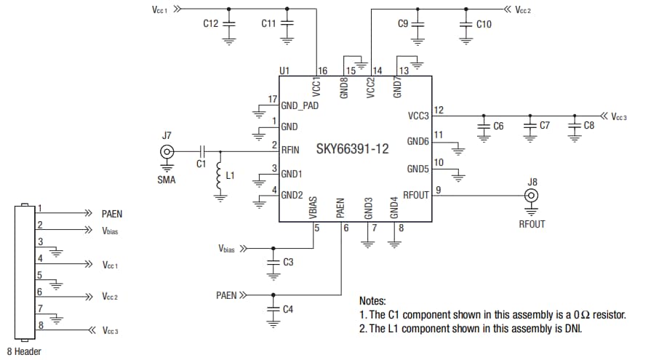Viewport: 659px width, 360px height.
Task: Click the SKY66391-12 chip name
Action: point(352,149)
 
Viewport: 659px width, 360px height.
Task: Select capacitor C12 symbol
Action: point(229,24)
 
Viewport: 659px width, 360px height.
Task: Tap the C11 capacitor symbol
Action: point(287,24)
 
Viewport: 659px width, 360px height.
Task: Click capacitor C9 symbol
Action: point(418,24)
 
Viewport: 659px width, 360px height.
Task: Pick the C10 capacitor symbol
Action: point(466,24)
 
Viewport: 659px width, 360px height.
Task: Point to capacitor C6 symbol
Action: point(483,126)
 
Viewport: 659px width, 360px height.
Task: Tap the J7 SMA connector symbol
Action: point(167,151)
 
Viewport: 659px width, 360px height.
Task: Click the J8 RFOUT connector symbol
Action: point(532,196)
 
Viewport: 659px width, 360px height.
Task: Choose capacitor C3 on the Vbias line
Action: point(273,261)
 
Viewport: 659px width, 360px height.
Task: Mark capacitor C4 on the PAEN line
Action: point(273,308)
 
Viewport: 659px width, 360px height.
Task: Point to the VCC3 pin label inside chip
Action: point(418,116)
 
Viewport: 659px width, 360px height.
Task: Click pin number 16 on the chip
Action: point(323,71)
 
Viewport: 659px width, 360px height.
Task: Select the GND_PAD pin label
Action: point(299,105)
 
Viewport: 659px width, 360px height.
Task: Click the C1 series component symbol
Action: point(203,151)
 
